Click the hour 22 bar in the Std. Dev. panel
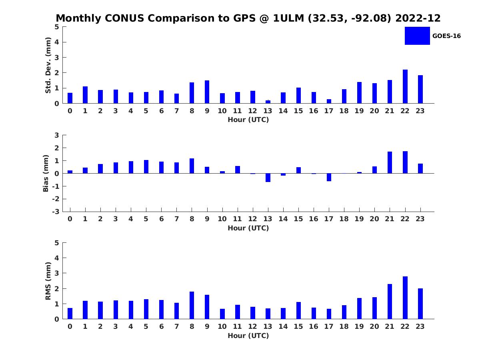coord(405,86)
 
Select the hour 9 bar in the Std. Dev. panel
coord(207,92)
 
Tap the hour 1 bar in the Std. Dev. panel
coord(85,95)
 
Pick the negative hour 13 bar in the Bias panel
coord(268,178)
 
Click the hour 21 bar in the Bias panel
coord(390,162)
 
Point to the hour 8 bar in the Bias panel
coord(192,166)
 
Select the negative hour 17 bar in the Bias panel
coord(329,177)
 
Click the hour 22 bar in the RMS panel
coord(405,298)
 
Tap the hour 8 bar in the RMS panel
coord(192,305)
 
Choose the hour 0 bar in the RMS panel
coord(70,313)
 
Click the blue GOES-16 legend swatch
coord(417,36)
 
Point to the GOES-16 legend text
coord(446,36)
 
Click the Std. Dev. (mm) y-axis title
coord(48,65)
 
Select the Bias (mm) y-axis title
coord(46,173)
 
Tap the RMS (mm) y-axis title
coord(48,281)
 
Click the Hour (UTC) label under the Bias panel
coord(248,228)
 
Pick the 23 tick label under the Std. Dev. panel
coord(420,111)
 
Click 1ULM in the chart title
coord(288,18)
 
